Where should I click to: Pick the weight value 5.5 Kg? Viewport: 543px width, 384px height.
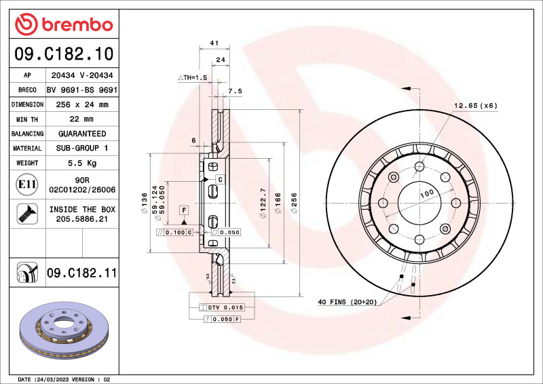[x=81, y=163]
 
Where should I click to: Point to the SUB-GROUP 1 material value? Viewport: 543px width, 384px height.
[x=81, y=148]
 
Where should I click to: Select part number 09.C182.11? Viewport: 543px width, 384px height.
[x=81, y=273]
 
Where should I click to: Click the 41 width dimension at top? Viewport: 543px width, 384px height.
[x=214, y=43]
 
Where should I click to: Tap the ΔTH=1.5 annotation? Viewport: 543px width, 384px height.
[x=192, y=78]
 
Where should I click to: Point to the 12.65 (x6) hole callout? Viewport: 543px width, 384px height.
[x=475, y=105]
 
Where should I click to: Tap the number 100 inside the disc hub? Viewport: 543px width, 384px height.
[x=426, y=193]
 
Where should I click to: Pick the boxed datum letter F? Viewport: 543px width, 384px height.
[x=184, y=210]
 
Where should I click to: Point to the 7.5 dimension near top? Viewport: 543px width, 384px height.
[x=235, y=90]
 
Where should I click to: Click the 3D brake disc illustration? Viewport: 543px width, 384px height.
[x=65, y=332]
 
